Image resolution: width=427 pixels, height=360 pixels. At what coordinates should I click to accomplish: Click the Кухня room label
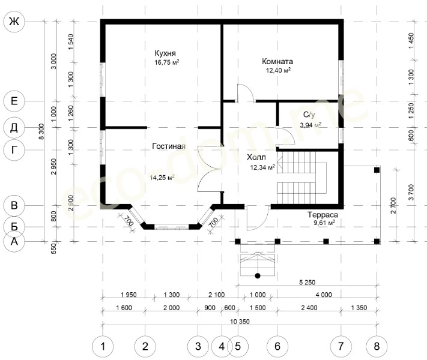point(165,53)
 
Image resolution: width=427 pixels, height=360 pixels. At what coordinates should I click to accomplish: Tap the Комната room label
point(277,61)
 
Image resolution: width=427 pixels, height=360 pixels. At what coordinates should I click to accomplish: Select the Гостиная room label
point(169,146)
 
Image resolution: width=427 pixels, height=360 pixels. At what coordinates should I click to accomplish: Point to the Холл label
point(256,157)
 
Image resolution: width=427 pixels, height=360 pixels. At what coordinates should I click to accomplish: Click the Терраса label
point(323,215)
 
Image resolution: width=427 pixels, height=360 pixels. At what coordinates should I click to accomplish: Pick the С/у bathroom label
point(309,115)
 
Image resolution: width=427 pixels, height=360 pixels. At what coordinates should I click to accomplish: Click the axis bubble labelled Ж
point(14,21)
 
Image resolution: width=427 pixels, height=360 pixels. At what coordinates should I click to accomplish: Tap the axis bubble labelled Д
point(14,127)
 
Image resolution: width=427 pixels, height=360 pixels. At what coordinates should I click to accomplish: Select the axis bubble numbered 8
point(377,346)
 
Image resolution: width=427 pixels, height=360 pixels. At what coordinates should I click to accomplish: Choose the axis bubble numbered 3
point(198,346)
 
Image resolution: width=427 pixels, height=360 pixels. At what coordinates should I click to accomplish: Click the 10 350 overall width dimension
point(240,322)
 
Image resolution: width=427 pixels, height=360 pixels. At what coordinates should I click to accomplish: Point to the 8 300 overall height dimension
point(41,131)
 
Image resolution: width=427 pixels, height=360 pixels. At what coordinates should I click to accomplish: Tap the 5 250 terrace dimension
point(307,283)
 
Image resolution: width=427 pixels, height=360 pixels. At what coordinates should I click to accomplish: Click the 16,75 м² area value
point(167,62)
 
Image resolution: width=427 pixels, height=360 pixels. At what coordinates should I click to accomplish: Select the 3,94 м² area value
point(310,125)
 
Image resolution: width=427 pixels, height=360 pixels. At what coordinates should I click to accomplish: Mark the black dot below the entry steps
point(258,276)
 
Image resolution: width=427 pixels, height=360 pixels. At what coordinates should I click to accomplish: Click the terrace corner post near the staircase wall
point(377,170)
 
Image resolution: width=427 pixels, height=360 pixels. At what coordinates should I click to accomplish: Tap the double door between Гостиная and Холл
point(210,169)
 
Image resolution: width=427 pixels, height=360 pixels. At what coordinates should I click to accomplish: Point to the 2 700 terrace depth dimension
point(393,205)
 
